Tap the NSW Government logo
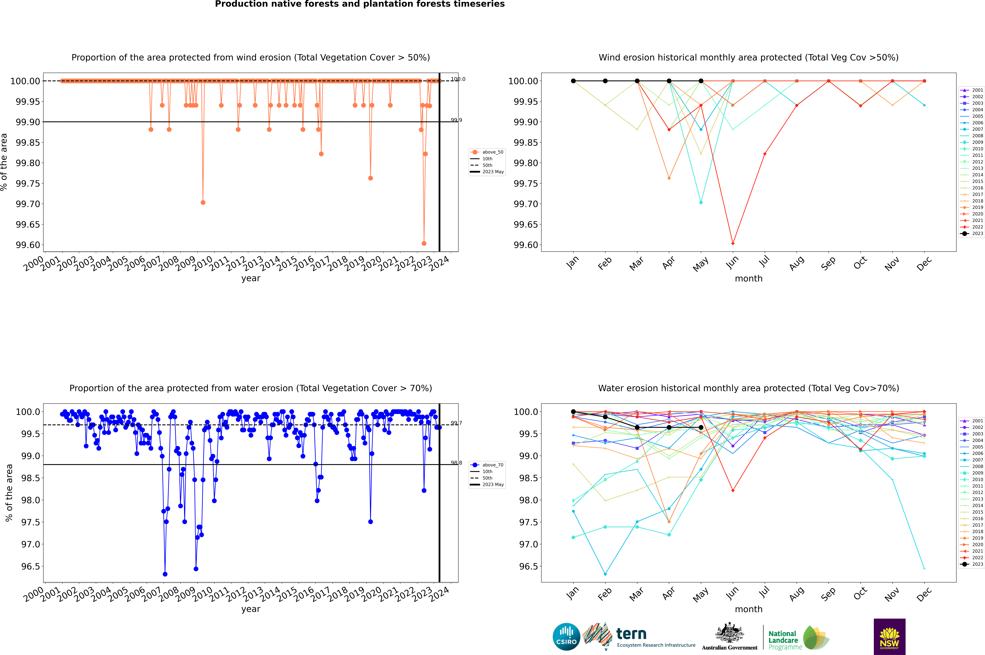pyautogui.click(x=889, y=637)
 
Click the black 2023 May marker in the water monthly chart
pyautogui.click(x=701, y=427)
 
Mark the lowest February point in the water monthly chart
pyautogui.click(x=605, y=574)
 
